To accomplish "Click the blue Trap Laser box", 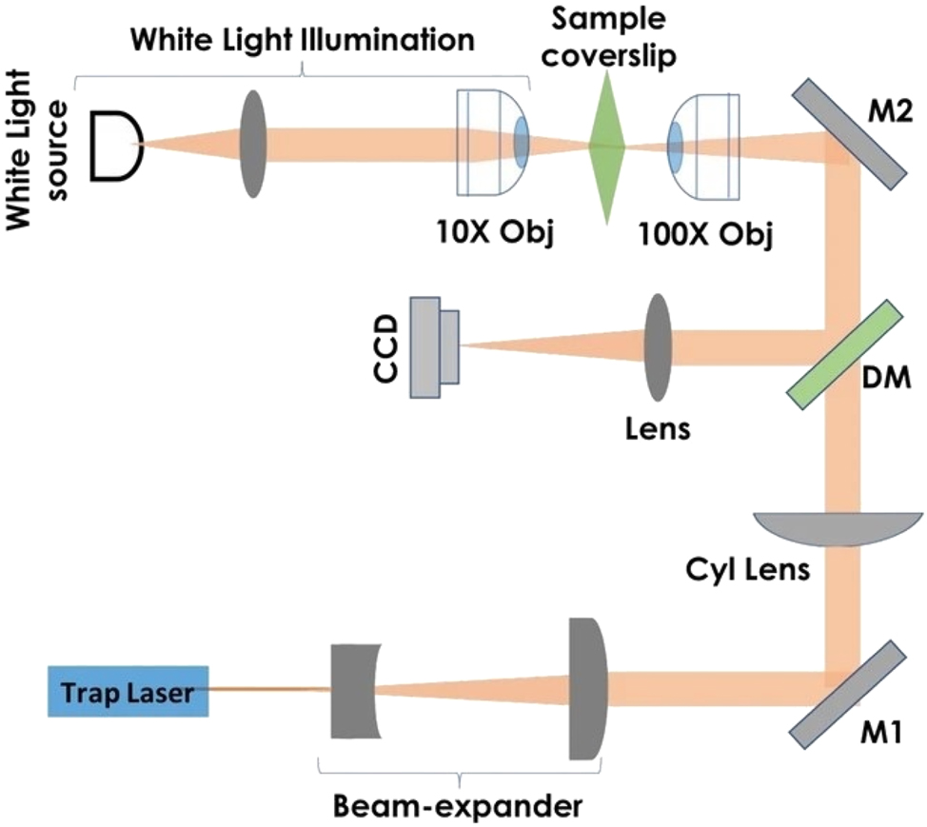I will [x=128, y=690].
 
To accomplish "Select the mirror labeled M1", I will [x=847, y=691].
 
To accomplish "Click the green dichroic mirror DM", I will [x=845, y=349].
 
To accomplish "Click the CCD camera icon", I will [x=434, y=345].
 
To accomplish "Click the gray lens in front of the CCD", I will [x=659, y=346].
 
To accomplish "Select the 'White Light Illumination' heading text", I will [x=304, y=41].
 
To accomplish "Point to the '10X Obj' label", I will [x=490, y=232].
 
